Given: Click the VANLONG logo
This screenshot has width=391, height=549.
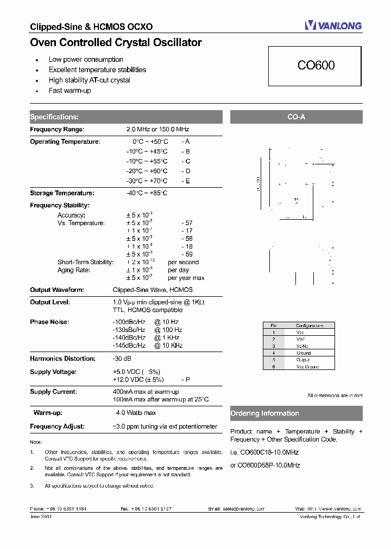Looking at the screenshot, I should (x=333, y=25).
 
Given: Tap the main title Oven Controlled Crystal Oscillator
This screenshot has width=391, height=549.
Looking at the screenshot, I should (x=116, y=42).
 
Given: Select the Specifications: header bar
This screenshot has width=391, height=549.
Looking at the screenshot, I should (x=125, y=117).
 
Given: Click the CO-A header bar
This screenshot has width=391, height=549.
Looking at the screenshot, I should (x=296, y=117).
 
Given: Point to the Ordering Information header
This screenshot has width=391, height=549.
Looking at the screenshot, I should (x=296, y=413).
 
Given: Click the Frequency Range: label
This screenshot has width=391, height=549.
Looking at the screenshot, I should (x=57, y=130).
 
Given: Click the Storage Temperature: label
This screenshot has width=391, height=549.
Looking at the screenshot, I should (x=62, y=193).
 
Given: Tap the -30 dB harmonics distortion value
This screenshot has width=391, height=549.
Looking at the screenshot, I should (x=122, y=359).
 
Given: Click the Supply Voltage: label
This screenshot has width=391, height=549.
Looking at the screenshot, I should (x=53, y=372).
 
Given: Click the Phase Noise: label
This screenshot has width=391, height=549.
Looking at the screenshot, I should (x=49, y=322).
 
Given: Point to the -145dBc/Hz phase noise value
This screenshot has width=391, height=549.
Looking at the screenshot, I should (x=129, y=346).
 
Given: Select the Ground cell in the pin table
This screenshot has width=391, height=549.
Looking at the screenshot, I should (x=304, y=353).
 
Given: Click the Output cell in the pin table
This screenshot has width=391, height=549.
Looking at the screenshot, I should (x=303, y=360).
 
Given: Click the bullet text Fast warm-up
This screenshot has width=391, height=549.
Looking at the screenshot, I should (x=70, y=91).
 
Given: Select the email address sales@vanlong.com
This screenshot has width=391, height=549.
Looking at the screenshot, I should (x=243, y=509).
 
